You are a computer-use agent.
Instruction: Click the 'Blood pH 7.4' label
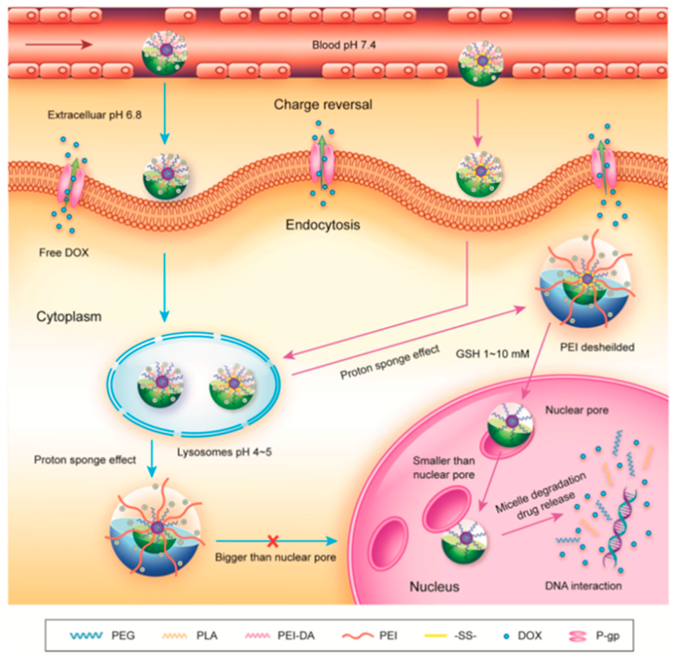pos(343,45)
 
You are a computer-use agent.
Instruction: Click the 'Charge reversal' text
pos(323,104)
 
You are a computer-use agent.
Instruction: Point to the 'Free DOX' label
pos(64,252)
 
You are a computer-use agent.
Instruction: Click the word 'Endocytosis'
pos(323,225)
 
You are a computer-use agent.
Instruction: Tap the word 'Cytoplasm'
pos(69,316)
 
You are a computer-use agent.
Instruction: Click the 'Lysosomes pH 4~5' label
pos(224,452)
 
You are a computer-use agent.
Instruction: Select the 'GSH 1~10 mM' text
pos(492,354)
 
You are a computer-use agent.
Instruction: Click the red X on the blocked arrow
pos(273,541)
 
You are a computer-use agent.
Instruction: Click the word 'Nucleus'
pos(434,587)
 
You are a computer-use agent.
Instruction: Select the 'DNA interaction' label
pos(583,586)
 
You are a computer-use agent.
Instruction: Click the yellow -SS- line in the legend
pos(436,635)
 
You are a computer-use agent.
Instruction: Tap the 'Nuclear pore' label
pos(577,410)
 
